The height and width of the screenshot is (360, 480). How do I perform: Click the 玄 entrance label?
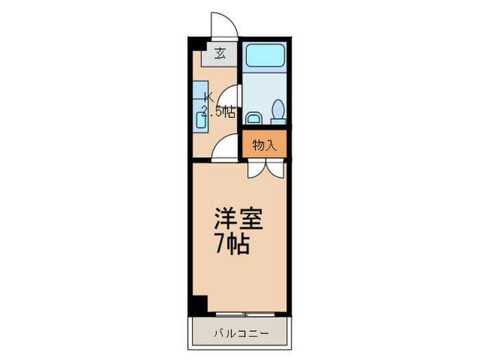click(x=220, y=53)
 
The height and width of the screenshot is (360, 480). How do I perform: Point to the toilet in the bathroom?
click(x=278, y=110)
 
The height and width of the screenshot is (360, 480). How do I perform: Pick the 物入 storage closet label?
click(x=264, y=145)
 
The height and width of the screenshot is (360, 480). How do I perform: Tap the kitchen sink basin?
click(x=202, y=121)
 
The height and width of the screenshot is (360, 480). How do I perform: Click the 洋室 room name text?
click(x=237, y=220)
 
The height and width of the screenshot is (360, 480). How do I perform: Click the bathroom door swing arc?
click(x=232, y=96)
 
